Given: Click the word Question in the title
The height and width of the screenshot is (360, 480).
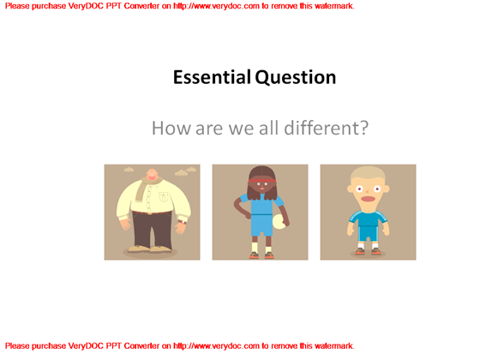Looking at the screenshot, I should [295, 78].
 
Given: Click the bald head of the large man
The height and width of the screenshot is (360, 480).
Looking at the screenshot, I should [152, 176].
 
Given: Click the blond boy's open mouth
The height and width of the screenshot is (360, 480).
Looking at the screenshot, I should [368, 201].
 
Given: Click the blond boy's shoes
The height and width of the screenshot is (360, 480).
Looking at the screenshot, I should [368, 252].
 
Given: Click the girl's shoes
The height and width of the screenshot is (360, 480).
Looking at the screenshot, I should [261, 254].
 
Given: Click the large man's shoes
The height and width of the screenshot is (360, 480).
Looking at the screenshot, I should [152, 250].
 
